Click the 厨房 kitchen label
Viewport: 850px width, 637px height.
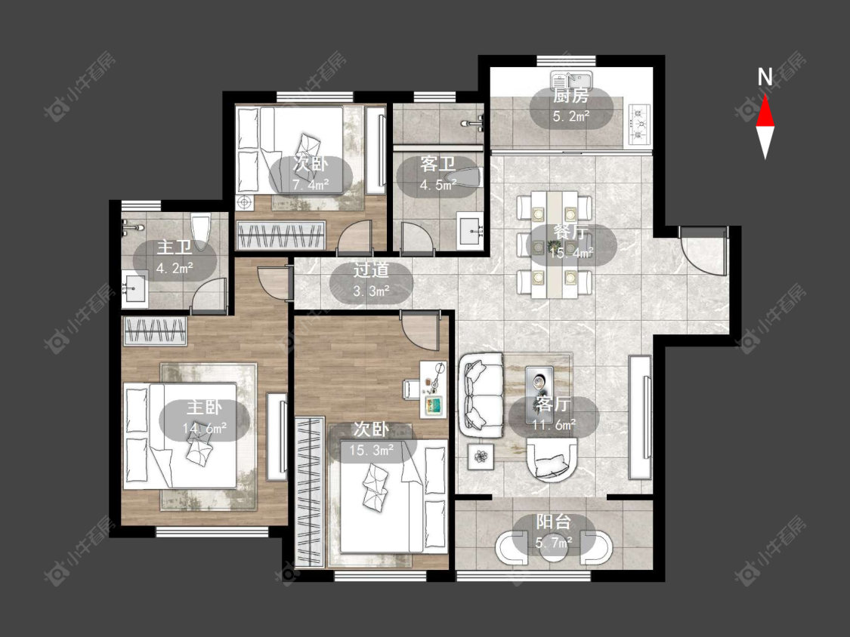571,97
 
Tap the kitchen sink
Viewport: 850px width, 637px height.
572,80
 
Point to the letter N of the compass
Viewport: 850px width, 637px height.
765,78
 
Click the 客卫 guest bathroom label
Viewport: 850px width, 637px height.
437,164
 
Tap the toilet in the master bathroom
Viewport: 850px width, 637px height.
200,232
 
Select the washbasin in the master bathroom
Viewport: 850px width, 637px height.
134,289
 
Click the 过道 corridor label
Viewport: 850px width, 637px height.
371,269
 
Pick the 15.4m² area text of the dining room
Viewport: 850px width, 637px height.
571,252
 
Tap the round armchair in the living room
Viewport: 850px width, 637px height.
552,460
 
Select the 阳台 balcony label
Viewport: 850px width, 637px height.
554,522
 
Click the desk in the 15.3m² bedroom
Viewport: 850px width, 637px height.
434,390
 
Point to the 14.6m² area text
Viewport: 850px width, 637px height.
204,429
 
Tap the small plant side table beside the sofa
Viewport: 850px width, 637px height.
481,456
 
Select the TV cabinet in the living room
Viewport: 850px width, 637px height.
640,417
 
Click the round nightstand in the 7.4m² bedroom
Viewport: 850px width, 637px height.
245,202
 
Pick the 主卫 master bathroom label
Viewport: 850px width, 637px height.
175,248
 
